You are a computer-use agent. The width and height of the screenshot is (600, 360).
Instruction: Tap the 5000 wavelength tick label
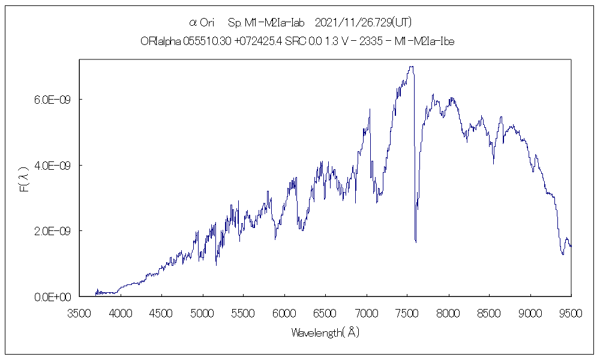click(203, 313)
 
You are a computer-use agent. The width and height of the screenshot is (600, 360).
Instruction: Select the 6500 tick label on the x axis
click(325, 313)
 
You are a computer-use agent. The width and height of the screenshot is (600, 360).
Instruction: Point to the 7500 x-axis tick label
click(407, 313)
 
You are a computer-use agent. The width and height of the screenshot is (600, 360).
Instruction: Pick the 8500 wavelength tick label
click(489, 313)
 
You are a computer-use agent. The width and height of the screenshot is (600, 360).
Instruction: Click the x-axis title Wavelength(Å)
click(325, 332)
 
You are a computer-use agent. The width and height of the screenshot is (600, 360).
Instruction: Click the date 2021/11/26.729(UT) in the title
click(364, 23)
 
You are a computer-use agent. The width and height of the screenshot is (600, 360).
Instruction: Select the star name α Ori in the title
click(202, 23)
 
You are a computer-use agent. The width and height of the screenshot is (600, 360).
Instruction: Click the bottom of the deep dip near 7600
click(416, 242)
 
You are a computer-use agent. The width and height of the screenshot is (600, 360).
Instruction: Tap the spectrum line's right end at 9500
click(571, 246)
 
